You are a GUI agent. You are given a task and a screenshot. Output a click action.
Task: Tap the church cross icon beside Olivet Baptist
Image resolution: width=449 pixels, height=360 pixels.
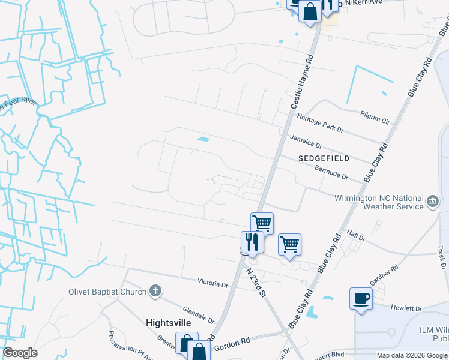click(x=155, y=292)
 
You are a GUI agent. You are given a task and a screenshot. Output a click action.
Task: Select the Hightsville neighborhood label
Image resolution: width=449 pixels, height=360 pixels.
click(x=169, y=323)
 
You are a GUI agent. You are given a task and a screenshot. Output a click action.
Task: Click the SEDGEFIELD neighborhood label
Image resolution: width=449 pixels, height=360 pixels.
click(x=324, y=158)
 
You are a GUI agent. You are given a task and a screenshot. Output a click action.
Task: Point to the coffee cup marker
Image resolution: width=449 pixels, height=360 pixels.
click(x=361, y=299)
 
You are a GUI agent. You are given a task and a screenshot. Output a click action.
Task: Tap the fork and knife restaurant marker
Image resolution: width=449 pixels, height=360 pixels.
click(x=252, y=242)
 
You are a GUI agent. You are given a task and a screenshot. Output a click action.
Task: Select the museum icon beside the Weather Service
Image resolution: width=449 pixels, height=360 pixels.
click(x=433, y=202)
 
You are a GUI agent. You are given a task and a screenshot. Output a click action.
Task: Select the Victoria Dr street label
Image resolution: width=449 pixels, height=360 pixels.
click(x=213, y=282)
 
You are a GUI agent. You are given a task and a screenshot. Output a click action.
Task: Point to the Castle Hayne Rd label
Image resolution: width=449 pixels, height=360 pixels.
click(x=303, y=82)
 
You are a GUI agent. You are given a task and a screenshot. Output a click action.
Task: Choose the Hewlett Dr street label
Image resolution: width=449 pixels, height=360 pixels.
click(x=406, y=308)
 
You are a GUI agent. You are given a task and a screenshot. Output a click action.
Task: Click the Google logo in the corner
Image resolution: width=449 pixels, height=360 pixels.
click(x=20, y=353)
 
